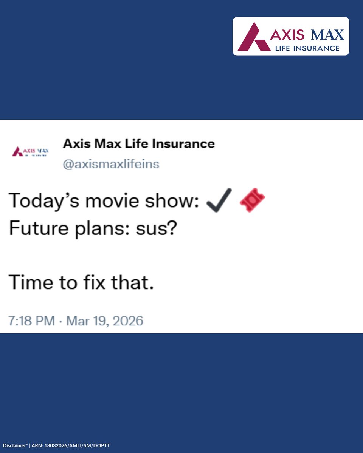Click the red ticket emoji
coord(252,200)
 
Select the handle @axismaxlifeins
coord(111,165)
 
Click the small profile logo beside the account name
coord(30,152)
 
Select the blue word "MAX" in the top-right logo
coord(327,35)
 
